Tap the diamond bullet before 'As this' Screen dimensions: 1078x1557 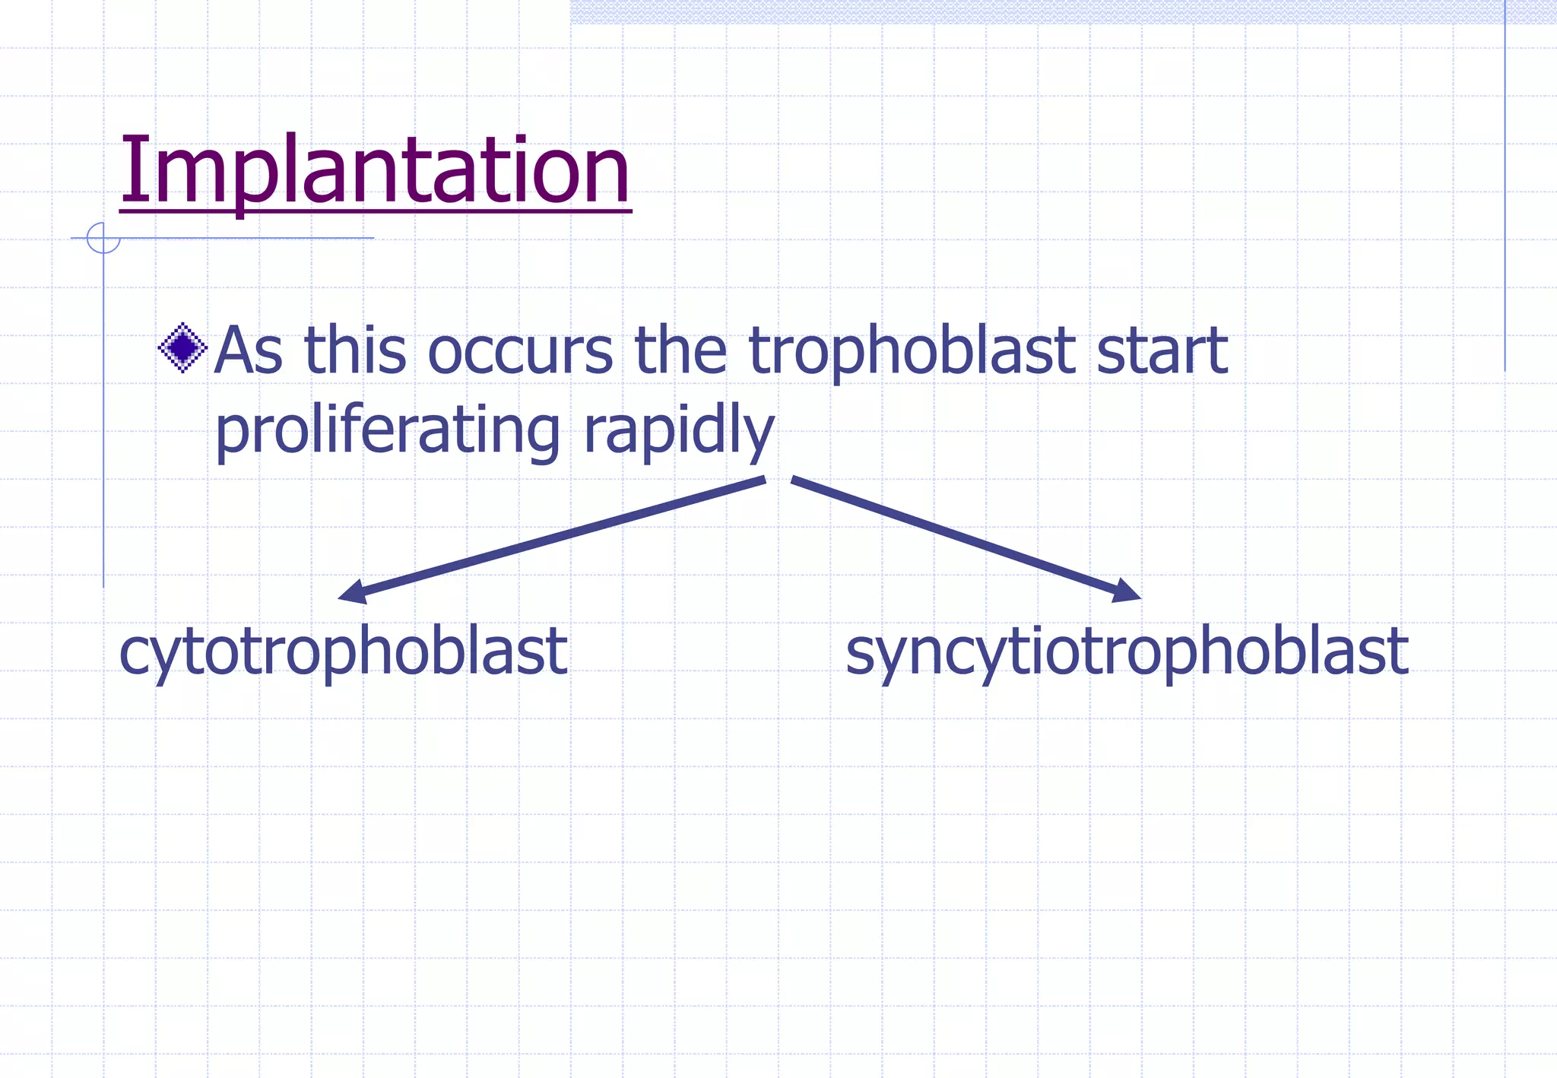pos(182,348)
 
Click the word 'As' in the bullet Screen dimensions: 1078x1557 pos(248,351)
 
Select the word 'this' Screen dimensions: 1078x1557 pos(355,351)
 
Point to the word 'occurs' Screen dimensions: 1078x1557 pos(520,351)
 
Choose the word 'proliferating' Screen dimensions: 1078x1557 pos(388,432)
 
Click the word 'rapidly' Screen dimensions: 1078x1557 pos(678,432)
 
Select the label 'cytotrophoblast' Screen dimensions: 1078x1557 pos(343,652)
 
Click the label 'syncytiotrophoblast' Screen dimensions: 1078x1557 pos(1127,652)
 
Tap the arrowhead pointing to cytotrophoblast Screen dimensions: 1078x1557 pos(353,592)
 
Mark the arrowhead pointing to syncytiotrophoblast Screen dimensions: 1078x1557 pos(1126,591)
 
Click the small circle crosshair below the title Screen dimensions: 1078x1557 pos(103,238)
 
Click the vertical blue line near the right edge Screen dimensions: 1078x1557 pos(1505,190)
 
